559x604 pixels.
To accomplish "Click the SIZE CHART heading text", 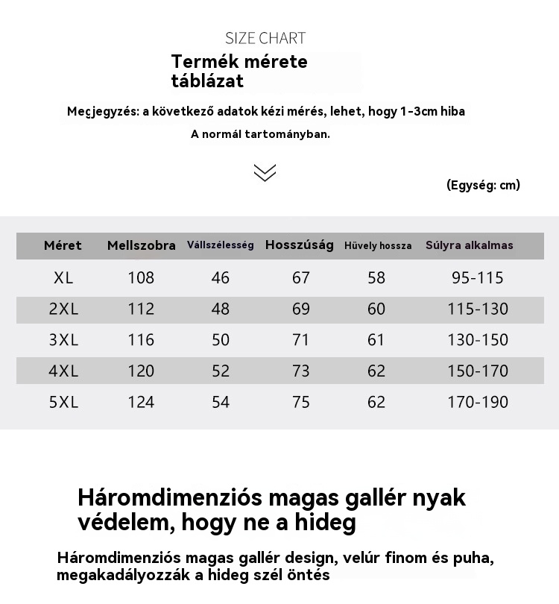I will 265,38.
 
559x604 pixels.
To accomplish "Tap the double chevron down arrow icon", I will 265,172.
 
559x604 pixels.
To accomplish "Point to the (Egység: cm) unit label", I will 483,185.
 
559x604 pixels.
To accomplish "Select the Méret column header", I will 63,245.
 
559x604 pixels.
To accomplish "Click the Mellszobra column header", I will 142,245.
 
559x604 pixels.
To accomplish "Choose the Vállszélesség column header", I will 221,245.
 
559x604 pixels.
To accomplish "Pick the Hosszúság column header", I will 300,245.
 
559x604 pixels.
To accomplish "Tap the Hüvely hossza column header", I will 378,246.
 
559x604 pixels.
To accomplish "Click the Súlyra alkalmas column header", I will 470,245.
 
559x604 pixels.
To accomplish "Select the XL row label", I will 63,278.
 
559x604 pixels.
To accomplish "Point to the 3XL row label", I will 63,340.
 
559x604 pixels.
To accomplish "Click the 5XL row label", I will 63,403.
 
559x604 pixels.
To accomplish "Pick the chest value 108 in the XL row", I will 141,278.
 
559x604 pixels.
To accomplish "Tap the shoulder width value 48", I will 221,309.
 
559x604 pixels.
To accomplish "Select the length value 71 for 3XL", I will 301,340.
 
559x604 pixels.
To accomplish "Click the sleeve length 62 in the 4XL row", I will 376,371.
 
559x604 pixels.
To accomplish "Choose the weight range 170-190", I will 478,403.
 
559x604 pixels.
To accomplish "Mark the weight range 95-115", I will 478,278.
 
